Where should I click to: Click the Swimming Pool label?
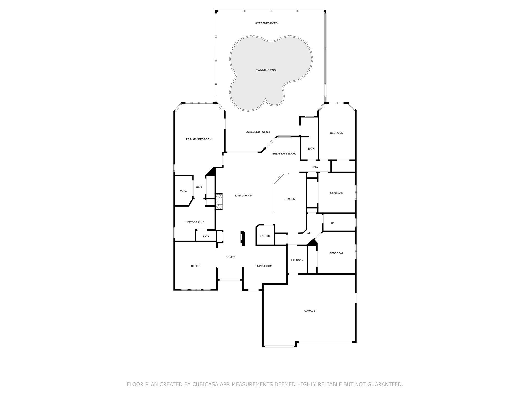pos(266,70)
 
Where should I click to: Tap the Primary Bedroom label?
pos(199,139)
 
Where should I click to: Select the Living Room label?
pos(244,196)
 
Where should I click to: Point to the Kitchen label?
pos(289,199)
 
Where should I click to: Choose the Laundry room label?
pos(297,260)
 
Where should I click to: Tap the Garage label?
pos(310,311)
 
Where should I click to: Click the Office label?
pos(196,266)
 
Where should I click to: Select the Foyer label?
pos(230,257)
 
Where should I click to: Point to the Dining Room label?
pos(263,266)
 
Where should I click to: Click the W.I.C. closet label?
pos(183,191)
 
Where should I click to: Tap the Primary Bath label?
pos(195,222)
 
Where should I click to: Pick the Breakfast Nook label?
pos(284,154)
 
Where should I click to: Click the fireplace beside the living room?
pos(219,201)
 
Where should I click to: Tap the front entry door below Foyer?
pos(230,280)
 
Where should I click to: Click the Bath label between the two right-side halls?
pos(334,223)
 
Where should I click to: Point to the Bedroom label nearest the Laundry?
pos(336,253)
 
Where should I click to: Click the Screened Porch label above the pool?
pos(267,23)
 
